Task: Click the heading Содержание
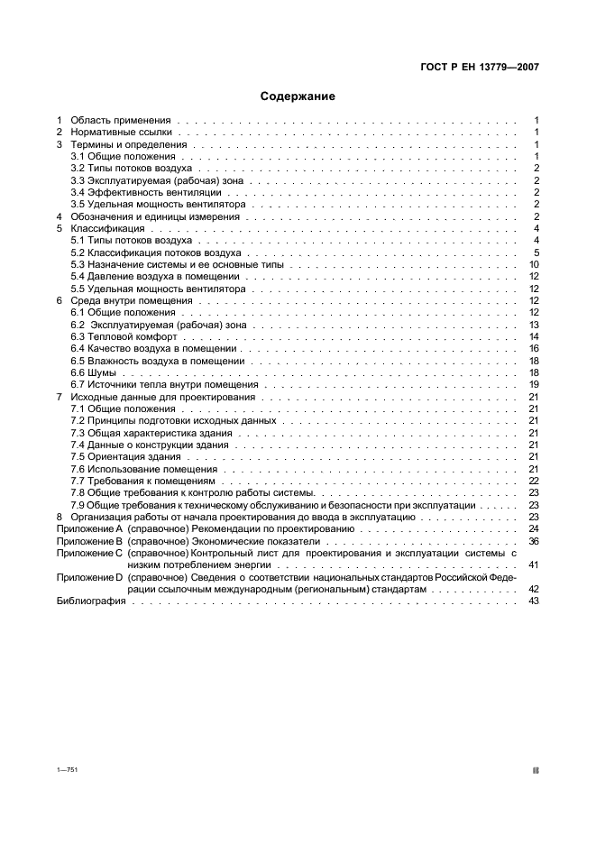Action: (298, 96)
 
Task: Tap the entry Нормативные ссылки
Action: (121, 132)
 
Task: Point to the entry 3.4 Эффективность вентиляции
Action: (130, 192)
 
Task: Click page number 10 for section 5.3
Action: (534, 264)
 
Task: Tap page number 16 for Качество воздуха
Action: (534, 348)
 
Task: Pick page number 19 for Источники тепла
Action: (534, 384)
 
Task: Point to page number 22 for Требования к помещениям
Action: (534, 481)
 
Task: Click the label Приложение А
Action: (89, 529)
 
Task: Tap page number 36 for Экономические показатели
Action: (534, 541)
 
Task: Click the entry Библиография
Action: (91, 601)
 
